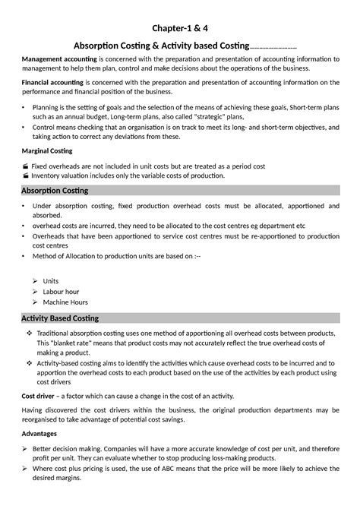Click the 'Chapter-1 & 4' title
(x=180, y=30)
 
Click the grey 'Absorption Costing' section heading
(x=55, y=189)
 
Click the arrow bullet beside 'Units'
(x=36, y=280)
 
